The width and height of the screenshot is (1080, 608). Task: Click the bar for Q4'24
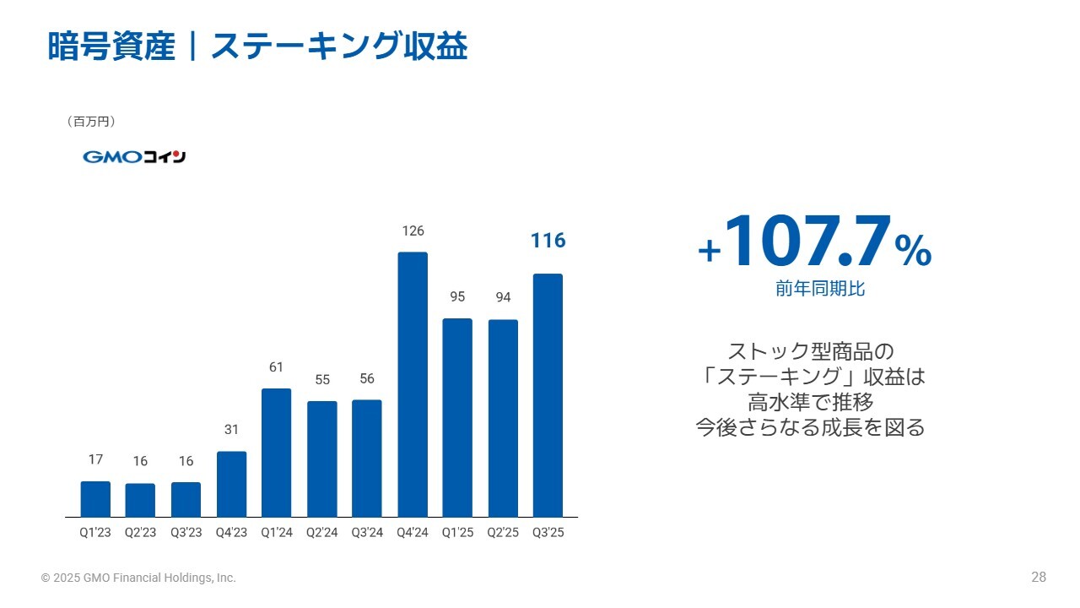coord(413,384)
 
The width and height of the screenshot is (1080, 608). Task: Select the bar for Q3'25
coord(548,395)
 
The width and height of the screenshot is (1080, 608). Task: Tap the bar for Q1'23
coord(95,498)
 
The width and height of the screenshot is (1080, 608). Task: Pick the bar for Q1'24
coord(277,453)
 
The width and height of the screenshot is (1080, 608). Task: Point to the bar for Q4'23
coord(231,484)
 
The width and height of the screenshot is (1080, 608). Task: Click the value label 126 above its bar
coord(413,231)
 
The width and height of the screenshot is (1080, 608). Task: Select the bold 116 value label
coord(548,241)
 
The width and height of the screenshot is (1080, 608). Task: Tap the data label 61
coord(277,367)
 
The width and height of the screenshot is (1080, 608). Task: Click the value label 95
coord(457,297)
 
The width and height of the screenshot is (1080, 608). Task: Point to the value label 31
coord(231,430)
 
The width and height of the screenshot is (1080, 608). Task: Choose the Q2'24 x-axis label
coord(321,533)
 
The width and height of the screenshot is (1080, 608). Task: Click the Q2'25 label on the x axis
coord(502,533)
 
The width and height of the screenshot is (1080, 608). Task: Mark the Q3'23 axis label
coord(186,533)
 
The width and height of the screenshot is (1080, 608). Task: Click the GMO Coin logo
coord(134,157)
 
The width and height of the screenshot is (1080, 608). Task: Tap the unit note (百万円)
coord(90,122)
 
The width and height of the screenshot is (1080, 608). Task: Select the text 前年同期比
coord(820,289)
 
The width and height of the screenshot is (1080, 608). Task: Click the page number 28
coord(1038,578)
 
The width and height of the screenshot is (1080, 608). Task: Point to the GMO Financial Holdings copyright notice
coord(139,578)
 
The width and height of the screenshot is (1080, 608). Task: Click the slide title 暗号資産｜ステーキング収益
coord(257,47)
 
